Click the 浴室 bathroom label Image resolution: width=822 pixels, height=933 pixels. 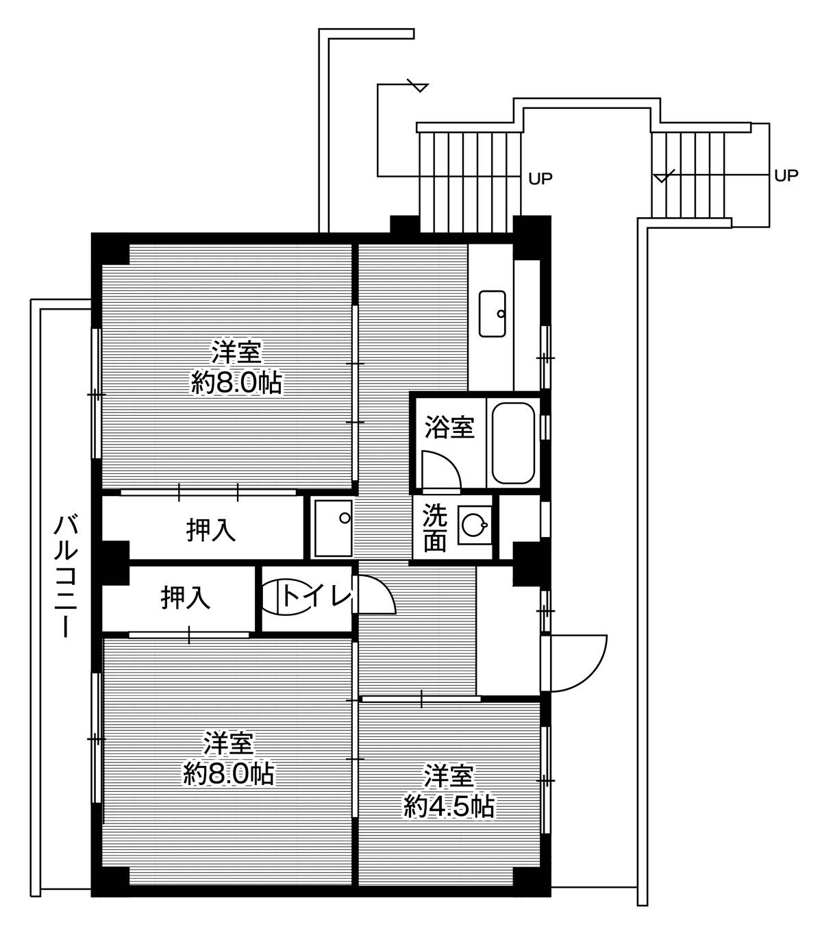click(449, 428)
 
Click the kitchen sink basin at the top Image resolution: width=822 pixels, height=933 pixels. click(492, 314)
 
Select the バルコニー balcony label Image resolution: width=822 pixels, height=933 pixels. click(66, 577)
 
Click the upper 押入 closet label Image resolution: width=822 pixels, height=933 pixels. click(211, 530)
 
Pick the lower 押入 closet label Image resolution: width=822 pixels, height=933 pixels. click(185, 598)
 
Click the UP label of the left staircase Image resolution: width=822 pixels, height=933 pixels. click(540, 179)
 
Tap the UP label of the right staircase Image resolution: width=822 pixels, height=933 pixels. click(786, 175)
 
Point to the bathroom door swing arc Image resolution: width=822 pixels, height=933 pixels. click(440, 469)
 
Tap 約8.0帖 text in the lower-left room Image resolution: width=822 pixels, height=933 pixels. click(229, 773)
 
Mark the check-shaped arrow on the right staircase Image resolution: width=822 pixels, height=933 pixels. click(664, 177)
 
